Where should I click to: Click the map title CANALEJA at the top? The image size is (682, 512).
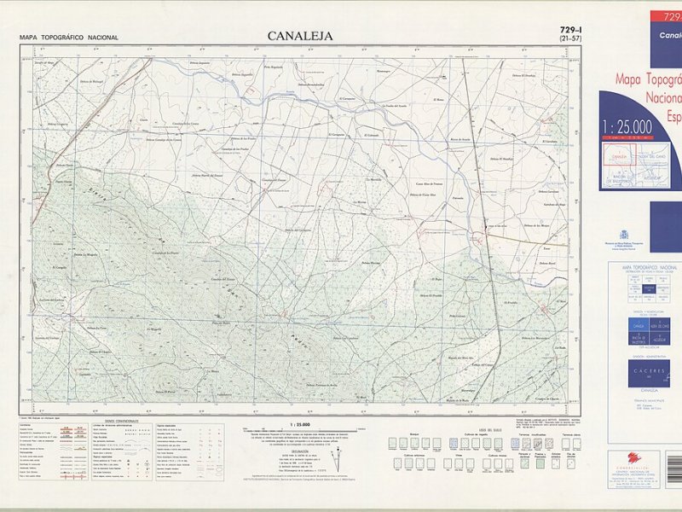[x=299, y=36]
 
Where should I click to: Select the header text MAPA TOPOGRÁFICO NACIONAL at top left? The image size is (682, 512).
[x=69, y=38]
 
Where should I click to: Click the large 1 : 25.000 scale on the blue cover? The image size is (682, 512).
[x=627, y=128]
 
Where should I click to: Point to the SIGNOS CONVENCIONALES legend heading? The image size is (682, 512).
[x=121, y=421]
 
